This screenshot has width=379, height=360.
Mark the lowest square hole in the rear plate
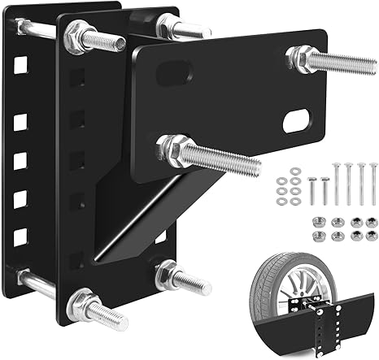coord(20,236)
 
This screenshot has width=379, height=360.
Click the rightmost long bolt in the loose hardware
coord(373,184)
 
